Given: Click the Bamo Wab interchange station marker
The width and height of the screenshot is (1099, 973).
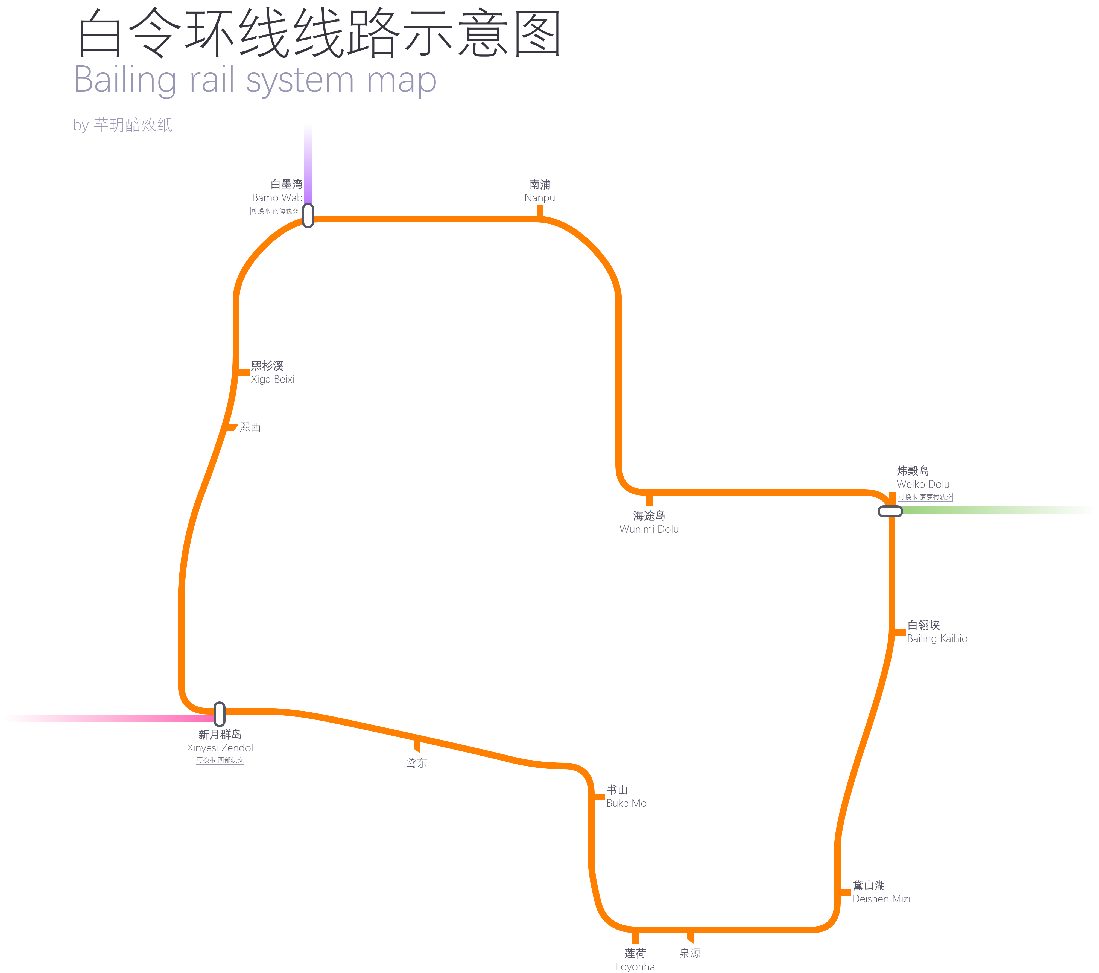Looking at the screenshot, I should tap(308, 216).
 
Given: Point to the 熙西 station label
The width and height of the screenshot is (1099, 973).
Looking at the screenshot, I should tap(250, 427).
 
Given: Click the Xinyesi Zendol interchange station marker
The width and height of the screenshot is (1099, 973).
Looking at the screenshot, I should tap(219, 714).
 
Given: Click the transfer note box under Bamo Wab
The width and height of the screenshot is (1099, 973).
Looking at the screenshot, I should tap(275, 211).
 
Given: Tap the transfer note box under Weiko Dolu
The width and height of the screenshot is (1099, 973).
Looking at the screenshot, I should tap(925, 497).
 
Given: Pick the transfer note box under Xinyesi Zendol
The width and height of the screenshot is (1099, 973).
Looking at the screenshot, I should tap(220, 760).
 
